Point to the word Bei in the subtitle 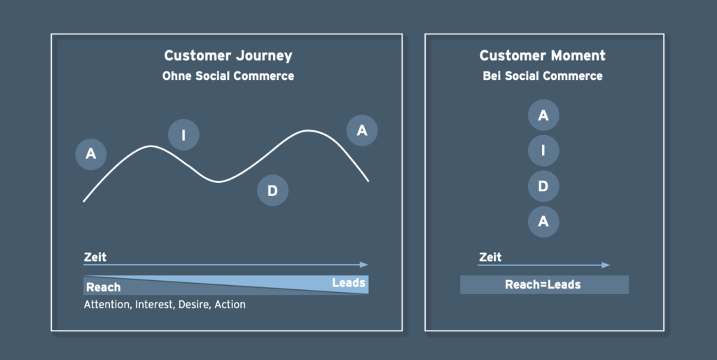(x=492, y=76)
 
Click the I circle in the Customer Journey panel (x=183, y=135)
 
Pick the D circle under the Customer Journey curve (x=272, y=191)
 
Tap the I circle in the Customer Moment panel (x=543, y=151)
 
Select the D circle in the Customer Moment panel (x=543, y=186)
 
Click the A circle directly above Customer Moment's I (x=543, y=115)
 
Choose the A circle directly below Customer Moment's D (x=543, y=221)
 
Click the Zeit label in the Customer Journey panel (x=95, y=257)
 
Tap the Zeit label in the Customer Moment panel (x=490, y=257)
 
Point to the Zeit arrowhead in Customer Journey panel (x=364, y=265)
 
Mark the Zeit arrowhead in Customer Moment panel (x=606, y=265)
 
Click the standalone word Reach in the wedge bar (x=104, y=287)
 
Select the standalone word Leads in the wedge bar (x=349, y=283)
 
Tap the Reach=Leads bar (x=544, y=284)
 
